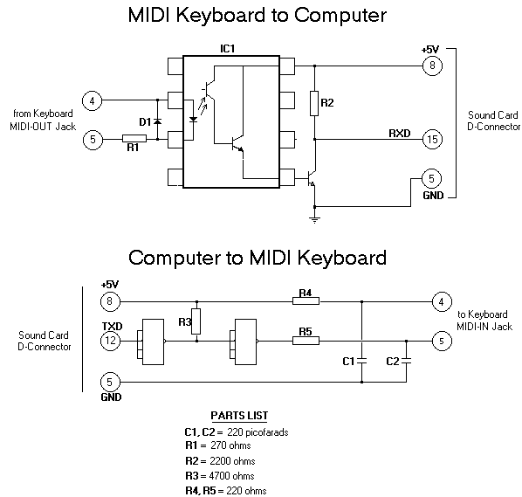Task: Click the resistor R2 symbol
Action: (314, 103)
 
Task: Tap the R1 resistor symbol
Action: (134, 139)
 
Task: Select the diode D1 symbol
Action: (157, 121)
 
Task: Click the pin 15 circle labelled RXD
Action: (432, 139)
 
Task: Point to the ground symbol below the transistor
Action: (314, 219)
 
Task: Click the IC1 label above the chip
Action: (227, 49)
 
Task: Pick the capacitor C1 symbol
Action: (362, 361)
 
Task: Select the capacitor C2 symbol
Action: (406, 361)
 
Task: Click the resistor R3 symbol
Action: (196, 321)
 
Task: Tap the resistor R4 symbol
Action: (306, 301)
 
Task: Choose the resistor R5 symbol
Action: (306, 341)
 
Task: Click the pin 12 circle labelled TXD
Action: (110, 341)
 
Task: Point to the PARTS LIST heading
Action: (239, 416)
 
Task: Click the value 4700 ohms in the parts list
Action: (231, 476)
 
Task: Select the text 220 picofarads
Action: (258, 432)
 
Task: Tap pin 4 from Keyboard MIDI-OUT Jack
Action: (93, 100)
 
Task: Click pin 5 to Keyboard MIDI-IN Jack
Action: (442, 342)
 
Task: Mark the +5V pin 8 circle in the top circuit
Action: (432, 66)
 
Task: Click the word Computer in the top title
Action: (340, 16)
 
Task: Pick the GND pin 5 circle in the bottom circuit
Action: (110, 382)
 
